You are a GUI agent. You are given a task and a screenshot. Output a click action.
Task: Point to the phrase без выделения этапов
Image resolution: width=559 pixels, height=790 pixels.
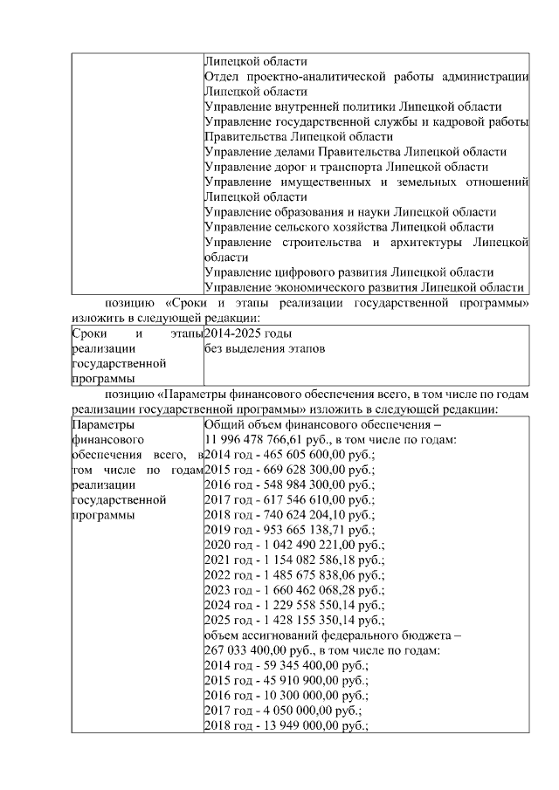[x=265, y=349]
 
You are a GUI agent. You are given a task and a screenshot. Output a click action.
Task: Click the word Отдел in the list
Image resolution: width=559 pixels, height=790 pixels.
[x=221, y=76]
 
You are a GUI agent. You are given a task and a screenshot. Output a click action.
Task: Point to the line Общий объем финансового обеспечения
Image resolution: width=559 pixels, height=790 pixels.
[x=322, y=423]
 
